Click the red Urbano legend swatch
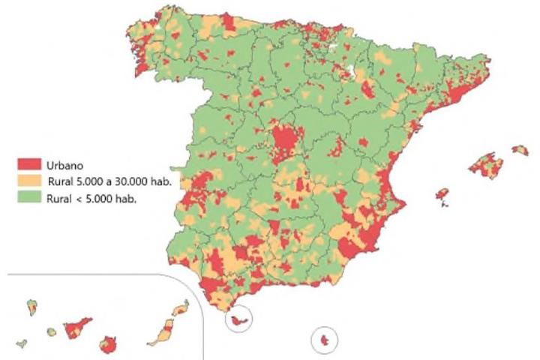point(31,166)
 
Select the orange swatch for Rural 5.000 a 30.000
point(31,181)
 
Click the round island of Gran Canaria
point(109,346)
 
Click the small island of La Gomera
point(51,332)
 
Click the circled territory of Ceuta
point(239,321)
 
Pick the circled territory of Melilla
point(325,341)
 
